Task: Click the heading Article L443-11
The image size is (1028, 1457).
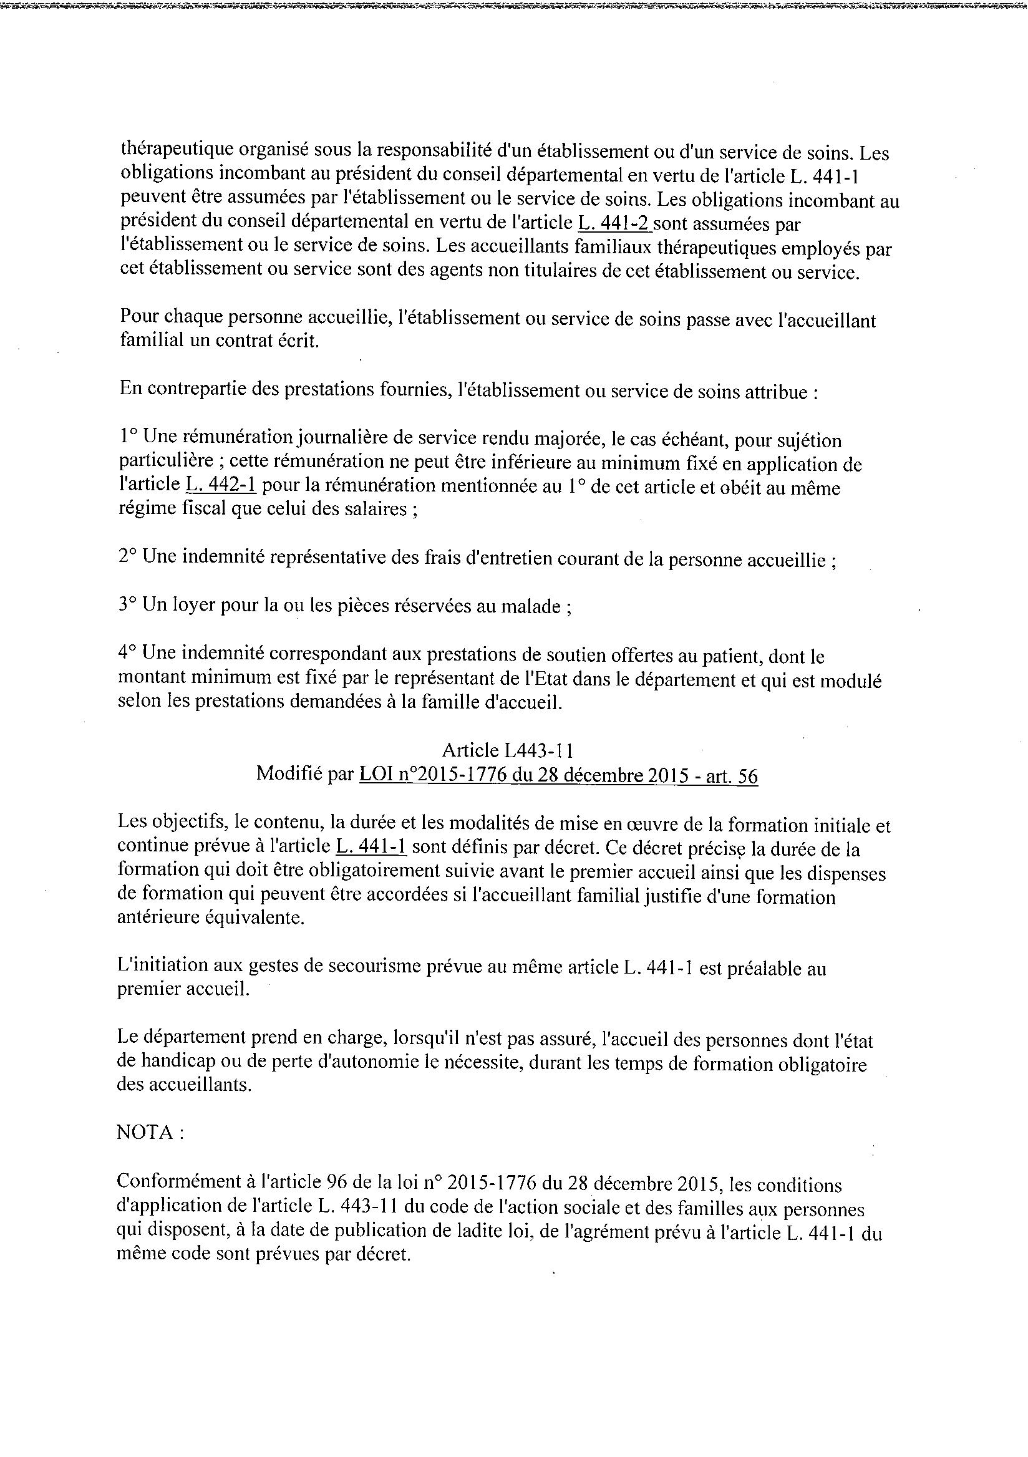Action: coord(508,751)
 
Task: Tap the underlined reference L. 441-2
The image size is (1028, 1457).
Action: coord(614,223)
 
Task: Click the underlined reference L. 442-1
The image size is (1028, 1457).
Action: coord(221,485)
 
